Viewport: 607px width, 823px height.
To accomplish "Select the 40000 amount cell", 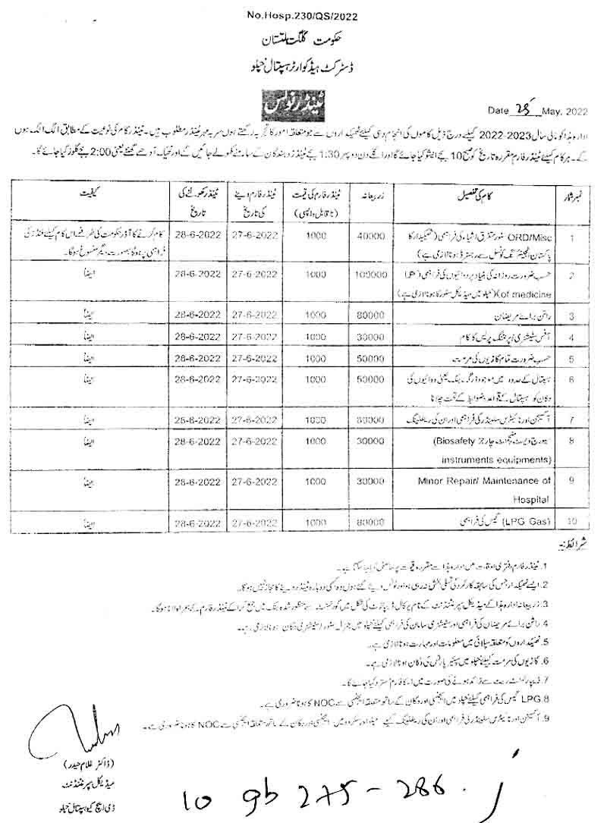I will tap(371, 237).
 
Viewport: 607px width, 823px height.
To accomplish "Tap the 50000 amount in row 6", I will tap(370, 377).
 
